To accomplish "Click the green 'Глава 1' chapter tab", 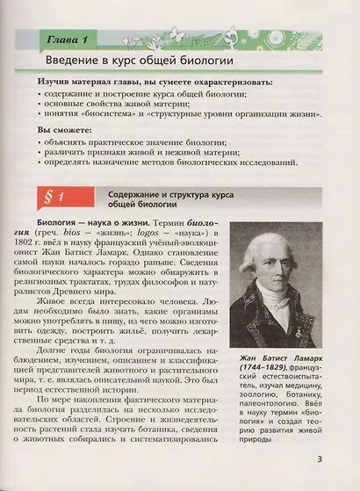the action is click(x=62, y=39).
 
